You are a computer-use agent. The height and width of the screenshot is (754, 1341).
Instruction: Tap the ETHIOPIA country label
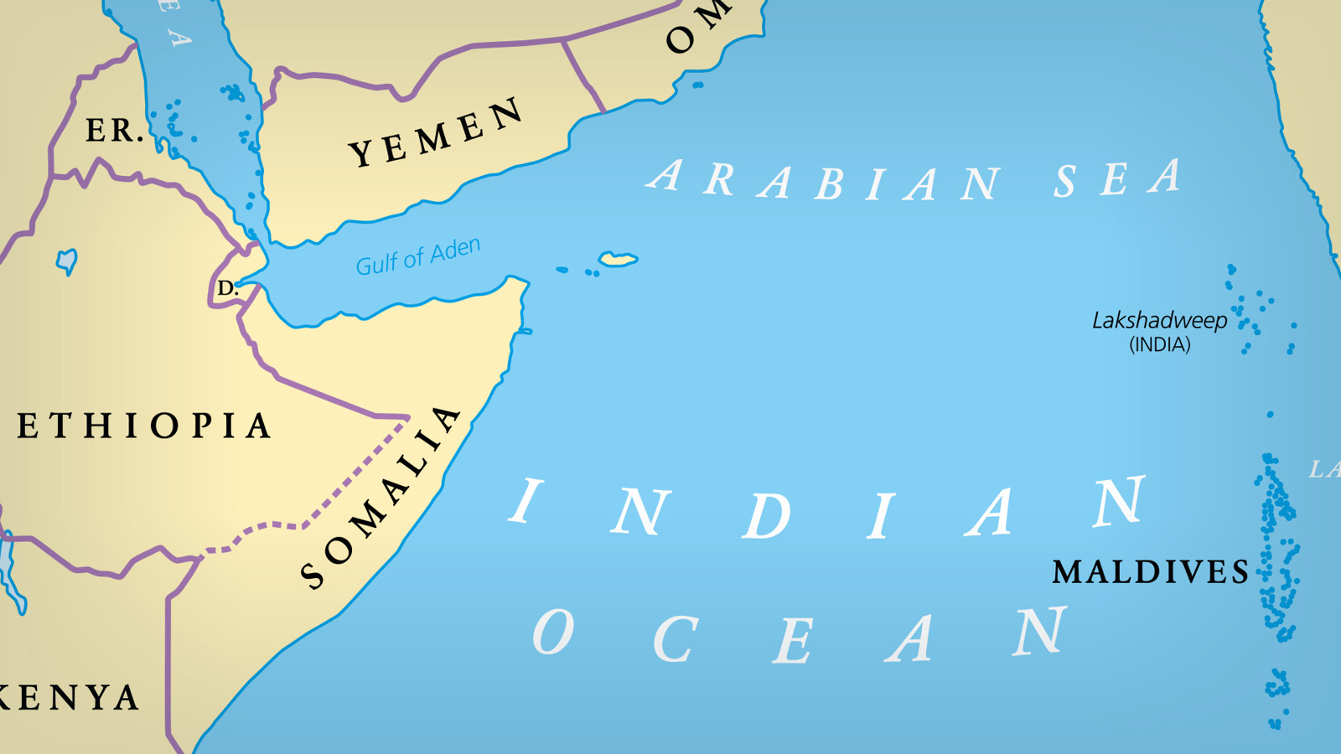pos(144,426)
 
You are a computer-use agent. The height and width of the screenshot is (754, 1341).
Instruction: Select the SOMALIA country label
pos(381,498)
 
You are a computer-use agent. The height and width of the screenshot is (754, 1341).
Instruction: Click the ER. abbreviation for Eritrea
pos(114,131)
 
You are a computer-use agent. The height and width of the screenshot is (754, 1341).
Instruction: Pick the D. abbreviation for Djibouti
pos(227,289)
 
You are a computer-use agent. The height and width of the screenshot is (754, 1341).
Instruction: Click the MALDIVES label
pos(1150,572)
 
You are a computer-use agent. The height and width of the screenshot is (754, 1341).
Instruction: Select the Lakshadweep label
pos(1159,320)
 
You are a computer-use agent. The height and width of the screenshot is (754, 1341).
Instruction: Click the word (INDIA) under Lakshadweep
pos(1159,345)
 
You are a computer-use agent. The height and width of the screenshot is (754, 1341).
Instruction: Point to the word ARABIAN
pos(826,181)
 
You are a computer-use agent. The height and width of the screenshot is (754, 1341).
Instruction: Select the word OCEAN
pos(800,637)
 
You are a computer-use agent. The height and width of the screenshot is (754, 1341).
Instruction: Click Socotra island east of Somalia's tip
pos(619,259)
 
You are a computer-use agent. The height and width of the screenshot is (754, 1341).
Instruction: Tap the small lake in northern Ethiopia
pos(67,261)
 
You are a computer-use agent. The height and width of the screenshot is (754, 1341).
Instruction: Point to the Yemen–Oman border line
pos(583,75)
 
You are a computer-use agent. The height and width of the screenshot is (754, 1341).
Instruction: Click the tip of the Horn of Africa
pos(526,286)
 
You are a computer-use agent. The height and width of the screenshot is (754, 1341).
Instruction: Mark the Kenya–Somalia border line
pos(168,653)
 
